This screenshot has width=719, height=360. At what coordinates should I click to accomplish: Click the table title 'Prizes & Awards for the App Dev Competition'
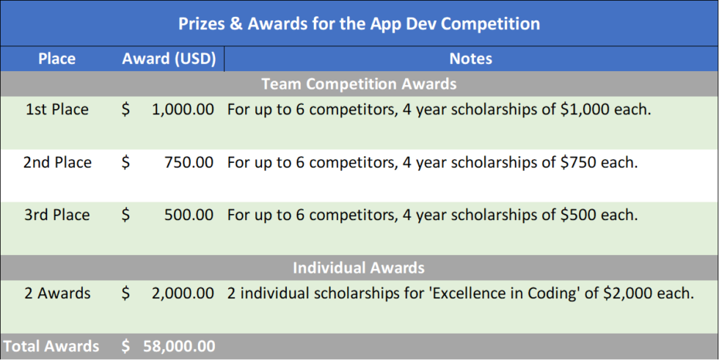point(359,23)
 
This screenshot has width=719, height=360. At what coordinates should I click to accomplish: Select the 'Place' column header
point(56,58)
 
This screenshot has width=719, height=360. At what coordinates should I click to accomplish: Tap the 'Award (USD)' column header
point(169,58)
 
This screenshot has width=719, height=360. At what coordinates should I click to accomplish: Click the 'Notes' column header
point(470,58)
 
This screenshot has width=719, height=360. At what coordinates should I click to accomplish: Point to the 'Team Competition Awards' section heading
point(359,84)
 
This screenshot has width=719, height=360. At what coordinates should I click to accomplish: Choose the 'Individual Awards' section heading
point(359,268)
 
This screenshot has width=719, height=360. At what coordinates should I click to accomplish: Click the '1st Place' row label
point(56,110)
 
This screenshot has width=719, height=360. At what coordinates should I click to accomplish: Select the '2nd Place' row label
point(57,163)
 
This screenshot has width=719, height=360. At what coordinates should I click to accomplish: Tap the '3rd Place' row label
point(57,216)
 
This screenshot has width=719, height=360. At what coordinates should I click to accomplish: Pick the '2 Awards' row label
point(57,294)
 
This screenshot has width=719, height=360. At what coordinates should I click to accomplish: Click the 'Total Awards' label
point(51,346)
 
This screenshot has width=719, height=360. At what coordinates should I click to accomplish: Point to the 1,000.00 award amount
point(183,110)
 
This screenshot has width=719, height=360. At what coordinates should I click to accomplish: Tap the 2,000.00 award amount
point(183,294)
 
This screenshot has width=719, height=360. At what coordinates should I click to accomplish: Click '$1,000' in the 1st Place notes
point(586,110)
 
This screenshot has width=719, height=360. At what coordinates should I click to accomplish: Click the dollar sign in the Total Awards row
point(126,346)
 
